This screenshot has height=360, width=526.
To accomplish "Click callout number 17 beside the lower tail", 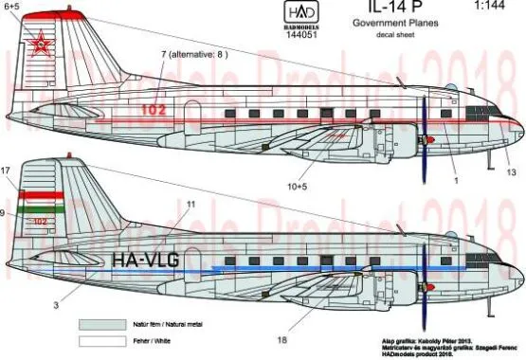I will click(x=7, y=171).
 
